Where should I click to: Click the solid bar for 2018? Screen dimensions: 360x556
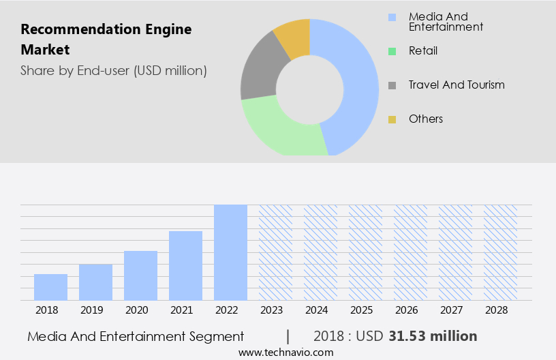click(50, 287)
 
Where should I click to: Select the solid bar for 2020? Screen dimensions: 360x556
click(140, 275)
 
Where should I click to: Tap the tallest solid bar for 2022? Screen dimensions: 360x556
click(230, 252)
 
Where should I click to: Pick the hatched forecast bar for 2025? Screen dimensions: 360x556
click(365, 252)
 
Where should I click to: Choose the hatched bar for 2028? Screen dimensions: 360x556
click(500, 252)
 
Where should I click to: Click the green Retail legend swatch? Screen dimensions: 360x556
click(392, 51)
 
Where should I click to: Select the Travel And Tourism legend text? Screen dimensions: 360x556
click(456, 85)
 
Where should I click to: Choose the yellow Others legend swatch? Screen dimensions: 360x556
click(392, 119)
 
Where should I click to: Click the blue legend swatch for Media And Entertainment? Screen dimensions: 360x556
click(392, 17)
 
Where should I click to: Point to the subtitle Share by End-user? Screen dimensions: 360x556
click(113, 70)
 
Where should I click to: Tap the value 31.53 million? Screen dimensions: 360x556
click(433, 336)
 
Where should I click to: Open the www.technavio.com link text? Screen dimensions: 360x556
click(285, 352)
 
